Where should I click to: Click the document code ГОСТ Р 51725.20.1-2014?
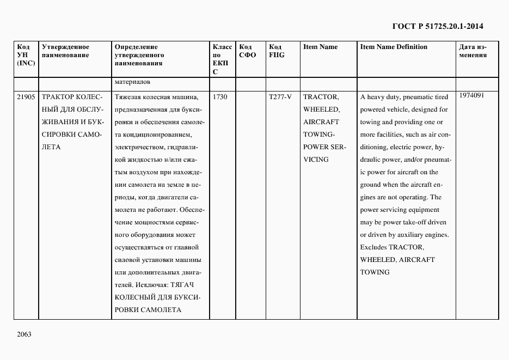tap(438, 26)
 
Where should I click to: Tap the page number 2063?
tap(24, 334)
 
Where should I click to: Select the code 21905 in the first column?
tap(26, 97)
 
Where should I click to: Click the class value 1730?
tap(220, 97)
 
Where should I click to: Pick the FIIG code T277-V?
tap(280, 97)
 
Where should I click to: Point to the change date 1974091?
tap(471, 95)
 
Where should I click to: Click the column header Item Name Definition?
tap(394, 47)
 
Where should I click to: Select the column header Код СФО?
tap(248, 51)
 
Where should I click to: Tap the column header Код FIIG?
tap(277, 51)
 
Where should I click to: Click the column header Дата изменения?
tap(473, 51)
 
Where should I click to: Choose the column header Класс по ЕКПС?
tap(222, 59)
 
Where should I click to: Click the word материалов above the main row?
tap(132, 83)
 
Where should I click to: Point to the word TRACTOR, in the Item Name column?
tap(321, 97)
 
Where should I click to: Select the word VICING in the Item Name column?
tap(316, 160)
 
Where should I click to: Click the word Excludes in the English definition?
tap(373, 247)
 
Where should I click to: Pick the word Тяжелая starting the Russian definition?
tap(129, 97)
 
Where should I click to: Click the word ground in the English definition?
tap(370, 185)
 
